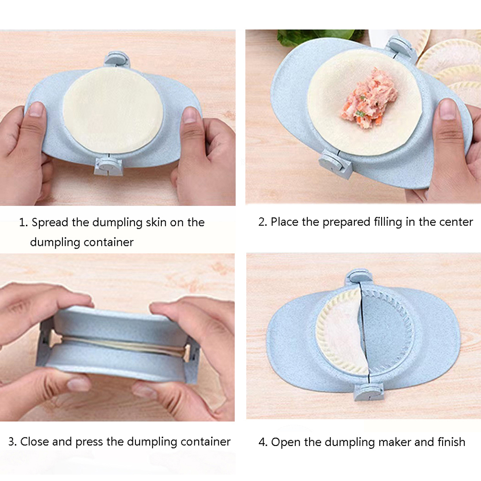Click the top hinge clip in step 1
[117, 60]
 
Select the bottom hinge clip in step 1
[108, 166]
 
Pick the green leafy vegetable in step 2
[319, 37]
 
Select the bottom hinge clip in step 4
[369, 392]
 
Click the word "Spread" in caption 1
[50, 222]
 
